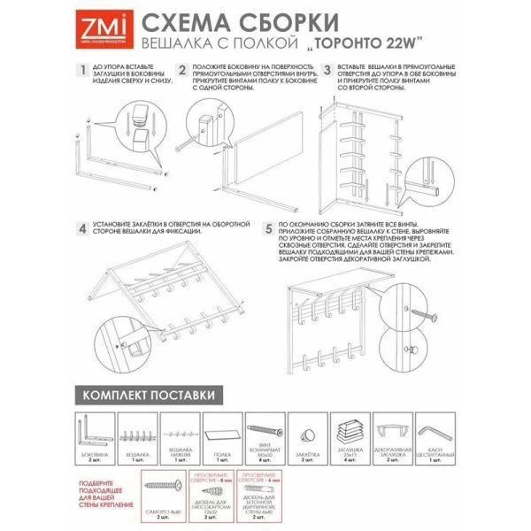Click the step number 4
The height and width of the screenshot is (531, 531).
pyautogui.click(x=81, y=227)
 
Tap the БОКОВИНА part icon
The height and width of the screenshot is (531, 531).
pyautogui.click(x=92, y=434)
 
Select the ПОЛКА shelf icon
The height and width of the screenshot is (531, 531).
pyautogui.click(x=222, y=435)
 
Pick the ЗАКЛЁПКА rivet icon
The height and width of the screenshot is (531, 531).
pyautogui.click(x=309, y=433)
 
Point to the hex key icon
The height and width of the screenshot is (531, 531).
pyautogui.click(x=436, y=431)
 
